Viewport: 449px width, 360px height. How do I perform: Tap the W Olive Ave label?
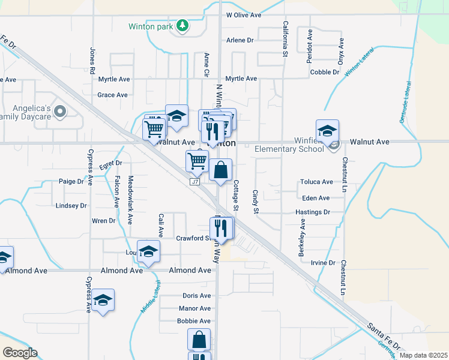(244, 14)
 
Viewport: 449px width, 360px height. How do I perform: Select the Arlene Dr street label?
(240, 40)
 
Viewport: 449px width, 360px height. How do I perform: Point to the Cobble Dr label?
(325, 72)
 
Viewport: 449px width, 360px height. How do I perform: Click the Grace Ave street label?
(112, 95)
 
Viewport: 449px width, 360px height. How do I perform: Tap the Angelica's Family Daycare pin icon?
(60, 112)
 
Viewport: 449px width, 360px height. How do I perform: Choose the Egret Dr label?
(110, 163)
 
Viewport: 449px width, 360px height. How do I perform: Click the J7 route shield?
(194, 182)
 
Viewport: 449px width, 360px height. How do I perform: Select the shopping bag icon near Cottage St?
(221, 170)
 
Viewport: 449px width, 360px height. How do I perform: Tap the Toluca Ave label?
(318, 182)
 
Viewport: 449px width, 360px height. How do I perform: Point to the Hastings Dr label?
(313, 212)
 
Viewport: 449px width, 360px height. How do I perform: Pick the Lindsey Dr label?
(71, 205)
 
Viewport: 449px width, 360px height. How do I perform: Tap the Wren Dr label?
(103, 221)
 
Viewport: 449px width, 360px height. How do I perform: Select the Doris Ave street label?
(197, 296)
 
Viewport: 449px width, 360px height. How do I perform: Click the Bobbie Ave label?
(194, 321)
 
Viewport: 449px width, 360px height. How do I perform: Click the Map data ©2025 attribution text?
(423, 355)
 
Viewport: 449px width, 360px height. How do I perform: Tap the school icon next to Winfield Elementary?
(328, 131)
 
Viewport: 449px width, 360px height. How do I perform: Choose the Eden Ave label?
(316, 198)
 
